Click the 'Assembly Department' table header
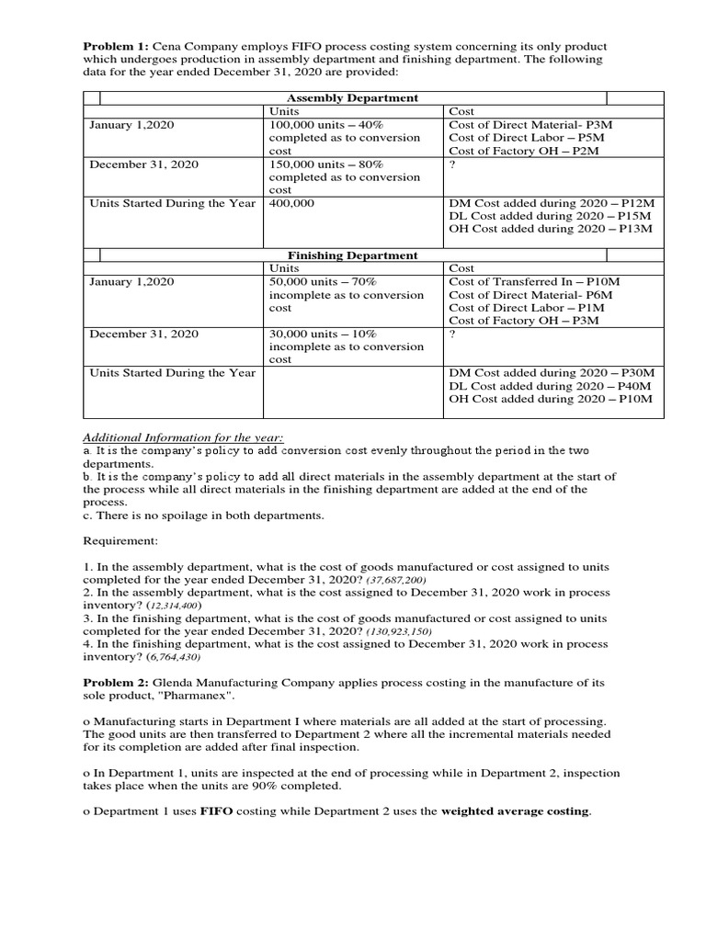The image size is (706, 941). [x=353, y=97]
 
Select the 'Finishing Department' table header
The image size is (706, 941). [x=353, y=255]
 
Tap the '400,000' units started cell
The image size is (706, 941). [x=292, y=202]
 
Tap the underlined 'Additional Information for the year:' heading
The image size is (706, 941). [x=184, y=437]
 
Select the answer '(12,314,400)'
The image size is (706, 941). [x=166, y=607]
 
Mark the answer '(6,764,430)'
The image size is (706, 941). [x=165, y=658]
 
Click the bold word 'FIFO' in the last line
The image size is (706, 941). [x=218, y=811]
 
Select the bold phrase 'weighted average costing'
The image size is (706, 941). [x=515, y=811]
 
